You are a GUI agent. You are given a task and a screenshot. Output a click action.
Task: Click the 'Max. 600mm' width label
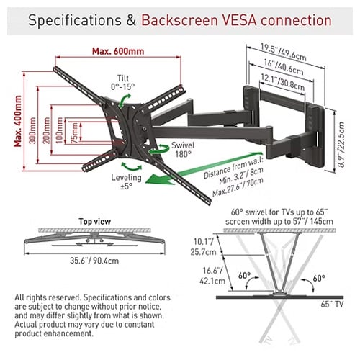pyautogui.click(x=118, y=51)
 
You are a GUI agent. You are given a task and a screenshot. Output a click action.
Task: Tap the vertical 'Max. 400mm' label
pyautogui.click(x=18, y=121)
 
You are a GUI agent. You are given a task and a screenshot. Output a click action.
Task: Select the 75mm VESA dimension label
pyautogui.click(x=75, y=132)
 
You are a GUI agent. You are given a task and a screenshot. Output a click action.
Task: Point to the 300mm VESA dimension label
pyautogui.click(x=33, y=130)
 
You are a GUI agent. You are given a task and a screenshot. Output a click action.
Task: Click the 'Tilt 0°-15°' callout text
pyautogui.click(x=123, y=82)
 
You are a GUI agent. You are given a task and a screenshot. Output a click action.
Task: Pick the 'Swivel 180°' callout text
pyautogui.click(x=183, y=150)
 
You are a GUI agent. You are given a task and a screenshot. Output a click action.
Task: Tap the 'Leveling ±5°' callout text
pyautogui.click(x=126, y=181)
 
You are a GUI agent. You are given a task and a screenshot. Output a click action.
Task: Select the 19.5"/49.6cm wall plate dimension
pyautogui.click(x=284, y=52)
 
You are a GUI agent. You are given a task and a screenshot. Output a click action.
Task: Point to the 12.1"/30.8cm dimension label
pyautogui.click(x=282, y=82)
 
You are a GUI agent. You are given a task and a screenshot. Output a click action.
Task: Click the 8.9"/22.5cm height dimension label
pyautogui.click(x=341, y=145)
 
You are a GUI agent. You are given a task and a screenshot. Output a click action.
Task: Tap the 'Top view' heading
pyautogui.click(x=95, y=221)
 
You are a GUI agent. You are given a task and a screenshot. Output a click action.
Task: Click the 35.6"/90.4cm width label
pyautogui.click(x=94, y=261)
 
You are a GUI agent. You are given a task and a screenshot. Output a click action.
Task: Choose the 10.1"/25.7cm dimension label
pyautogui.click(x=204, y=246)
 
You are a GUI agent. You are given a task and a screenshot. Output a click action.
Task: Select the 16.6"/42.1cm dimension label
pyautogui.click(x=212, y=276)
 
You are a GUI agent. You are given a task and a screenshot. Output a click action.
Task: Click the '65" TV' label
pyautogui.click(x=332, y=304)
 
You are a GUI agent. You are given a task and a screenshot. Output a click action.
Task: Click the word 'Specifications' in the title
pyautogui.click(x=75, y=20)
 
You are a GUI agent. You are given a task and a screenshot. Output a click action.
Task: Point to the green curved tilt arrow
pyautogui.click(x=125, y=101)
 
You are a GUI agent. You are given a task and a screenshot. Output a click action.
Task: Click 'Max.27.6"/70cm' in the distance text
pyautogui.click(x=238, y=186)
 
